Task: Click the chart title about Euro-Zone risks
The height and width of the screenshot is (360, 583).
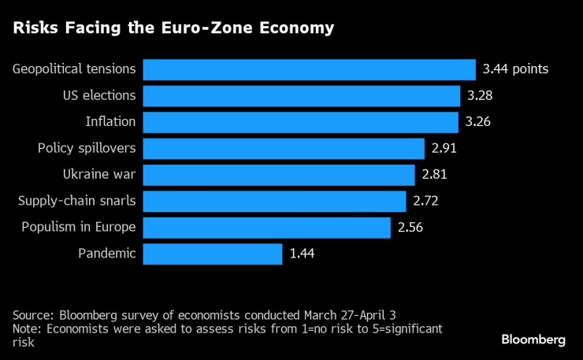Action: click(x=173, y=28)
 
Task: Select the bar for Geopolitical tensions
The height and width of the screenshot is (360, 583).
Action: click(x=309, y=69)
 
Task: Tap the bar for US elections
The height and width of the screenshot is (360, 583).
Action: click(x=301, y=96)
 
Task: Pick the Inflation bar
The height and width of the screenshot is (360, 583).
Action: click(x=300, y=122)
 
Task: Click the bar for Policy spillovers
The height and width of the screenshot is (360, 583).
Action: click(x=284, y=148)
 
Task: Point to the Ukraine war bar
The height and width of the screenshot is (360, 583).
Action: click(x=279, y=175)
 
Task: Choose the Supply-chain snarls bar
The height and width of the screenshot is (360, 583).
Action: click(x=274, y=201)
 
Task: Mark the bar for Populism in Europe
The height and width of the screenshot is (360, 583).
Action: click(x=266, y=228)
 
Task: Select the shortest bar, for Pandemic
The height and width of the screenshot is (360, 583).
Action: click(x=212, y=254)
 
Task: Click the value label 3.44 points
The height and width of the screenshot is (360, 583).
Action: click(x=515, y=69)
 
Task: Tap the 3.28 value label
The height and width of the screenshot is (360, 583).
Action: click(x=481, y=96)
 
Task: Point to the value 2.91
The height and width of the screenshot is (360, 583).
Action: click(x=445, y=148)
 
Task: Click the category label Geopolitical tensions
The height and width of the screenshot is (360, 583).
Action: click(x=74, y=69)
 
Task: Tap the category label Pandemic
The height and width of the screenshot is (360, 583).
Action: click(x=107, y=254)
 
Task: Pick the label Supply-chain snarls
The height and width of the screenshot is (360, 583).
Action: click(x=77, y=201)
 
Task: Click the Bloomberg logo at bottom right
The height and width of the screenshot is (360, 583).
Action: click(x=533, y=340)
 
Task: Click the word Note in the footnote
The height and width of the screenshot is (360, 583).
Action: click(x=25, y=328)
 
